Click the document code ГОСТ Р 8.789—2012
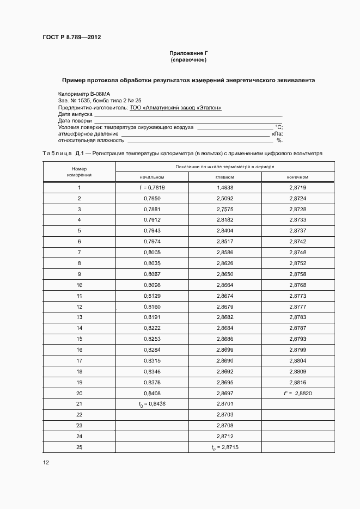click(72, 38)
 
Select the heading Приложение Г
click(188, 53)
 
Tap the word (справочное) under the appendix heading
click(188, 59)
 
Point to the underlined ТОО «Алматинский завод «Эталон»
click(175, 108)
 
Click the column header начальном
click(152, 177)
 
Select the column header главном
click(225, 177)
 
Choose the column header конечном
click(298, 177)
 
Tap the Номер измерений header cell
click(79, 171)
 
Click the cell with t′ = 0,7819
click(152, 188)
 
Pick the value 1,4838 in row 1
click(225, 188)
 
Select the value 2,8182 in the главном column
click(225, 220)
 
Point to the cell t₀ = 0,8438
click(152, 404)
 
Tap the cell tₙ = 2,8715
click(225, 447)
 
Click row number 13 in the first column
click(79, 317)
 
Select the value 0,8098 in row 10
click(152, 285)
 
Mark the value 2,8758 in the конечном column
click(298, 274)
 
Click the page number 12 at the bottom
click(46, 463)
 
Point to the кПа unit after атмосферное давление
click(277, 133)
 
